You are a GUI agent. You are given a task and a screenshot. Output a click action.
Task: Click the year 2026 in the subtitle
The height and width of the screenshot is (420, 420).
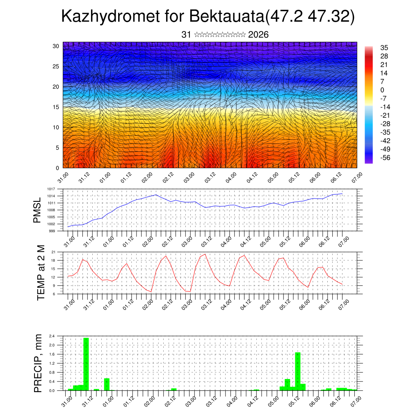[258, 35]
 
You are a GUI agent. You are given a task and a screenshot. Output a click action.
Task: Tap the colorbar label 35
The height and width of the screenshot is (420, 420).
[384, 48]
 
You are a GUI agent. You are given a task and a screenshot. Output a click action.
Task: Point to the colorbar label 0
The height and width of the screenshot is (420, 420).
[382, 90]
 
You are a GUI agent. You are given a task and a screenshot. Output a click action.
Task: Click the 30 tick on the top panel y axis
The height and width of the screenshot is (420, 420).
[56, 46]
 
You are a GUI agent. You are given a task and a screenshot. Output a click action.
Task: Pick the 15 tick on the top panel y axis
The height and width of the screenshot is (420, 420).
[56, 107]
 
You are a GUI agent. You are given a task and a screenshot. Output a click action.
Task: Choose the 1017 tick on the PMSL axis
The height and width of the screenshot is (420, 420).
[51, 189]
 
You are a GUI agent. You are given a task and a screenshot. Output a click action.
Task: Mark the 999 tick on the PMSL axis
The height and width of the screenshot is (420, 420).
[52, 231]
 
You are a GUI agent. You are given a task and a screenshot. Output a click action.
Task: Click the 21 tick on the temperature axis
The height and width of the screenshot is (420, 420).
[53, 252]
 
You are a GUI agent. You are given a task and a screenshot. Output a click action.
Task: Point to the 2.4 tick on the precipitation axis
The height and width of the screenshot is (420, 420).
[52, 336]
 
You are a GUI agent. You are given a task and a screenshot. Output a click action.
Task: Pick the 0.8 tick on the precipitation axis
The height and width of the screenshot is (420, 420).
[52, 372]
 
